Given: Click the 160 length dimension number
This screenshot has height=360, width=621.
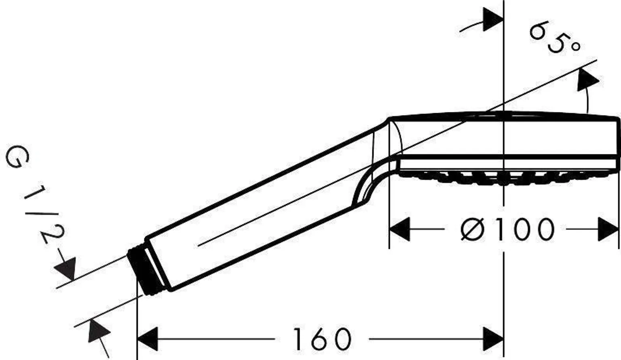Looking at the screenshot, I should click(322, 339).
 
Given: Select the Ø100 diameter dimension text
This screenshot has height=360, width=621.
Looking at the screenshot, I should click(507, 229).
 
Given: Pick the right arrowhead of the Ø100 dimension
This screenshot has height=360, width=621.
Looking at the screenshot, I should click(608, 229).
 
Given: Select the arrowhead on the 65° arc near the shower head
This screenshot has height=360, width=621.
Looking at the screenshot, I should click(587, 80).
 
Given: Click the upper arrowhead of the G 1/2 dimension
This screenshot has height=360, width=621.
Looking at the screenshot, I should click(67, 268).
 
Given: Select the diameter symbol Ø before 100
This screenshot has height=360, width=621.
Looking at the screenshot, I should click(472, 229).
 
